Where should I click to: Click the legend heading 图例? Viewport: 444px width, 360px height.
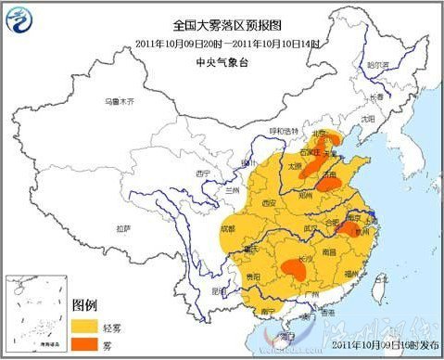pyautogui.click(x=85, y=305)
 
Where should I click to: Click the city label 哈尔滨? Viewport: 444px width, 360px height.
pyautogui.click(x=375, y=66)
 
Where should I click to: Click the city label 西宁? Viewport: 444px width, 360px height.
pyautogui.click(x=205, y=174)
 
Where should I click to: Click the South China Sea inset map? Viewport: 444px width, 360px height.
pyautogui.click(x=35, y=315)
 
